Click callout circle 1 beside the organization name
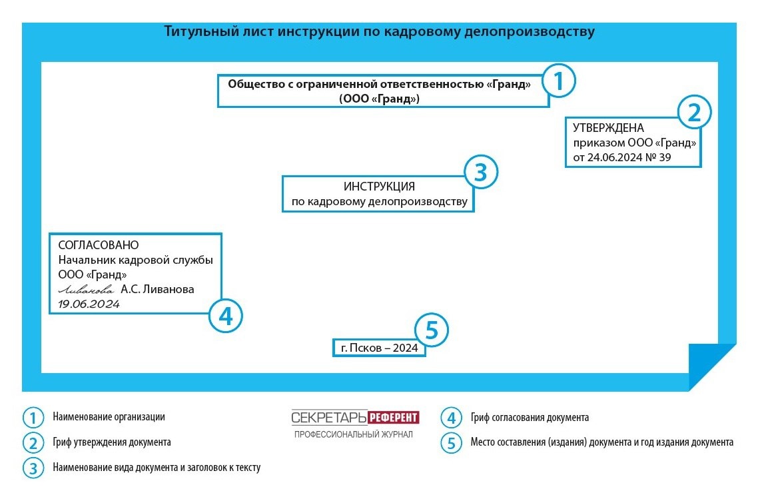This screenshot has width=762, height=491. click(x=558, y=81)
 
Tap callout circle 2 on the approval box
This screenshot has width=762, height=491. click(x=694, y=113)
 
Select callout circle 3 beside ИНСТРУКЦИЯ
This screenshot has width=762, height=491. click(x=481, y=173)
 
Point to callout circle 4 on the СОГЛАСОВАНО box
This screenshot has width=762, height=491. click(x=226, y=316)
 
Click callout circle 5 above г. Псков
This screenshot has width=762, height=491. click(x=431, y=331)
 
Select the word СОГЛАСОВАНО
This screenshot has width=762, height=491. click(x=99, y=245)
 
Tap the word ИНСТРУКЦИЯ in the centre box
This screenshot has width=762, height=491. click(x=379, y=187)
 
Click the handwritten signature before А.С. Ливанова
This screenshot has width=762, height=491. click(x=86, y=290)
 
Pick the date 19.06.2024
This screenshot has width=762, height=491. click(x=89, y=304)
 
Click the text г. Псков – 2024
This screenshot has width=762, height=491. click(x=379, y=348)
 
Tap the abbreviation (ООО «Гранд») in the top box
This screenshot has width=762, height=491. click(x=379, y=99)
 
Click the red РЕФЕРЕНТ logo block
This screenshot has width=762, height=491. click(x=393, y=418)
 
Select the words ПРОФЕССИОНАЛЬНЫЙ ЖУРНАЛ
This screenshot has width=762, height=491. click(x=354, y=434)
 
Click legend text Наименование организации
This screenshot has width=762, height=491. click(x=109, y=417)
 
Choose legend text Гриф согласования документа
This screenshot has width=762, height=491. click(x=529, y=418)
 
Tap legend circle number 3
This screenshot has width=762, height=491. click(x=32, y=468)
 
